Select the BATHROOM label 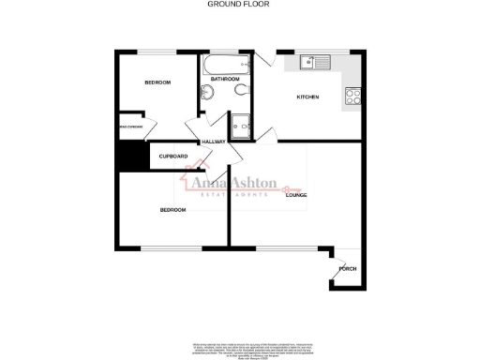click(224, 80)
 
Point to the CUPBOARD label click(172, 156)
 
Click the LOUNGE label click(296, 194)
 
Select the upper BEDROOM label click(157, 83)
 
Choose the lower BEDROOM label click(172, 210)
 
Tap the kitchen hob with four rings click(353, 95)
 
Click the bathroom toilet click(243, 90)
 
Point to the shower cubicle click(240, 124)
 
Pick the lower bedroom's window click(169, 248)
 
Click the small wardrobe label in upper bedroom click(129, 125)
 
